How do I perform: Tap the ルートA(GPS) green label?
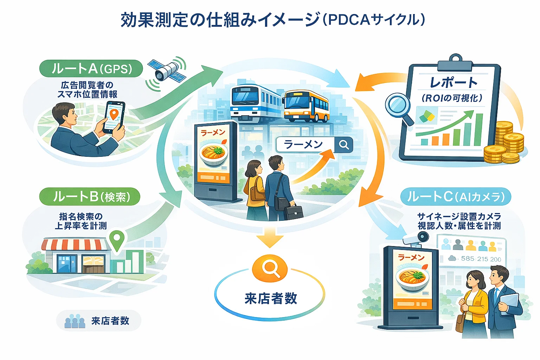click(92, 69)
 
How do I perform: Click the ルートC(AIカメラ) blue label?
click(456, 197)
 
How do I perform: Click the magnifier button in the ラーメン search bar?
click(343, 144)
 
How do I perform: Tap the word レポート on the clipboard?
click(454, 83)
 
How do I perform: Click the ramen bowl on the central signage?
click(214, 154)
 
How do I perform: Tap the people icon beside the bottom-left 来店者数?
click(75, 321)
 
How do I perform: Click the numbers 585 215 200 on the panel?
click(481, 259)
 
